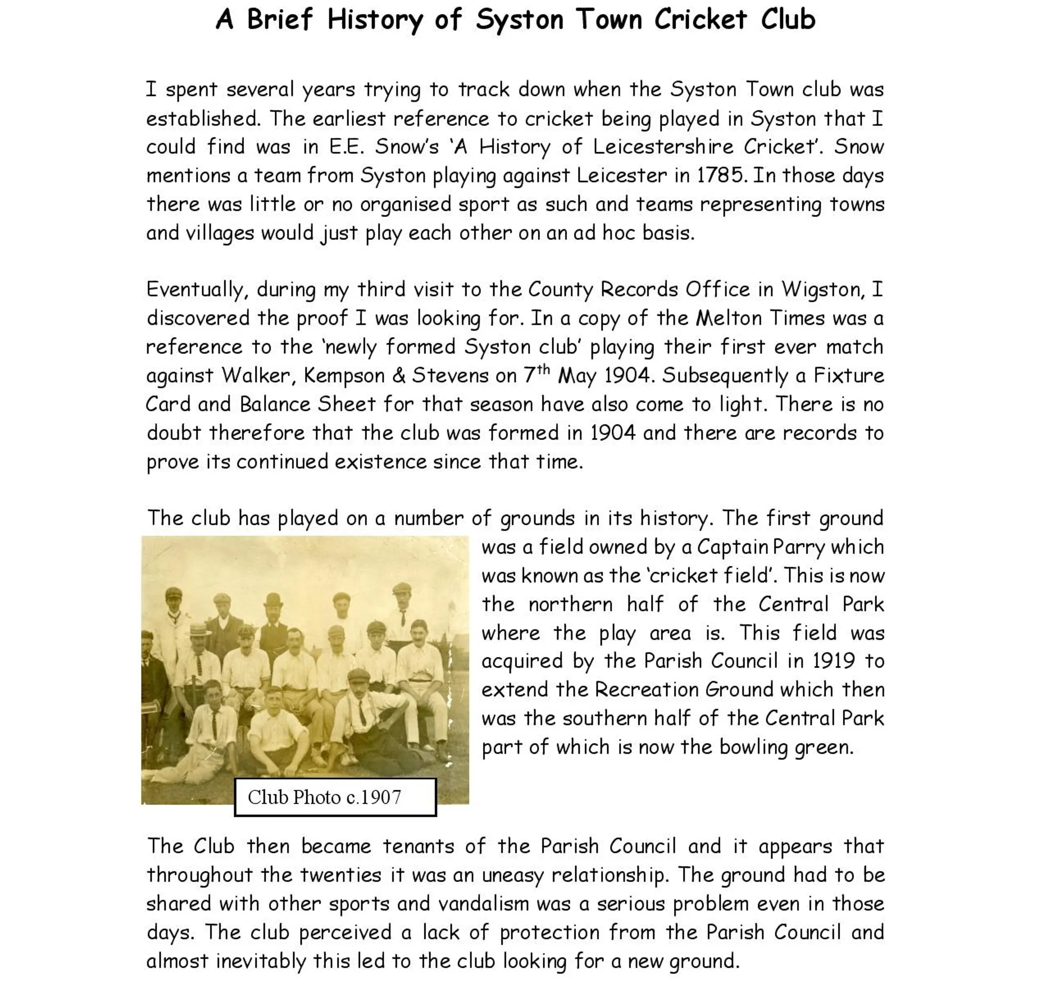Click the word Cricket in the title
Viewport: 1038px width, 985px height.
700,20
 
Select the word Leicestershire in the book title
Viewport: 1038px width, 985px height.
662,147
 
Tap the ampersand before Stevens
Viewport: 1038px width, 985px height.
398,376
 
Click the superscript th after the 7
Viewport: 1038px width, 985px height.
543,369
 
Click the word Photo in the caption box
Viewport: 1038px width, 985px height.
317,797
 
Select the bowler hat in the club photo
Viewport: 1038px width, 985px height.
273,599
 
